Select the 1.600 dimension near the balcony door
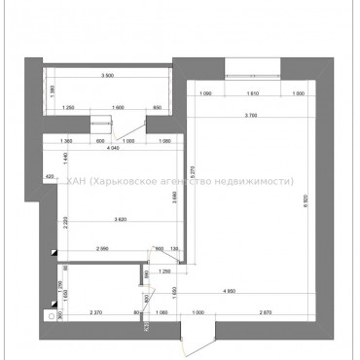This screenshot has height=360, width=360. coord(118,107)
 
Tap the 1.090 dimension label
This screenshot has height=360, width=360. coord(205,93)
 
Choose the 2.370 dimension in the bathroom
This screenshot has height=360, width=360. coord(94,312)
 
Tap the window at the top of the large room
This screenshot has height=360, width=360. coord(253,71)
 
